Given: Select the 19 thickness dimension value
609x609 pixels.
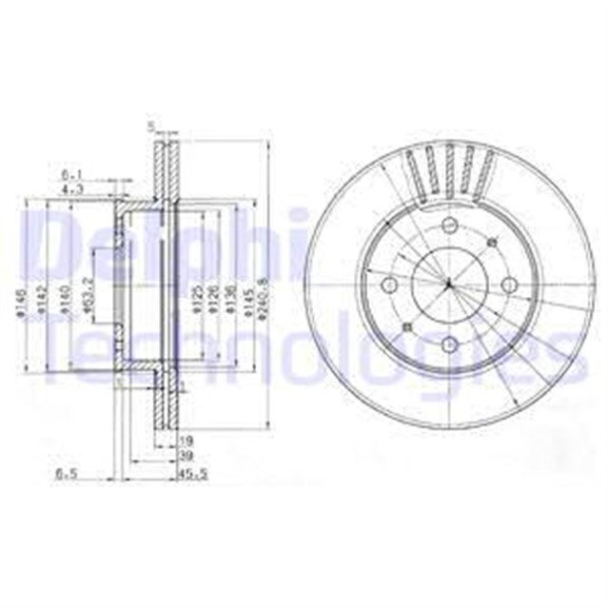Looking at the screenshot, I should (187, 441).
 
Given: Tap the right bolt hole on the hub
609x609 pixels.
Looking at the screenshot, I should (508, 283).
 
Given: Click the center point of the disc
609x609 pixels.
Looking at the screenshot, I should (447, 283).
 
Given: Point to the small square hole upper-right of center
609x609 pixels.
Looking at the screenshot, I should (488, 242).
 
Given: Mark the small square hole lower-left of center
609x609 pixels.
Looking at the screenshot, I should (406, 327).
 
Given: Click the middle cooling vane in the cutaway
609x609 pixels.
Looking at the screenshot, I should (447, 169).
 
